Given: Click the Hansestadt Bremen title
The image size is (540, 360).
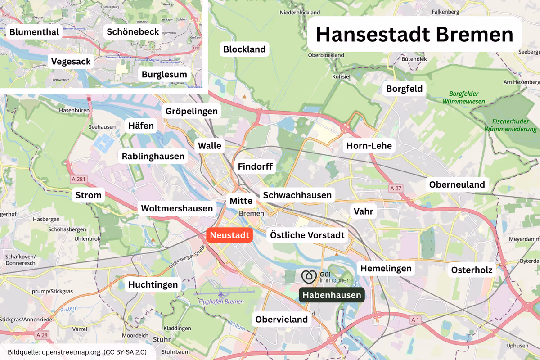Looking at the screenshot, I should (x=414, y=35).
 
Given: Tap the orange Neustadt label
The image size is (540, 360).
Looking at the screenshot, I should (x=229, y=235).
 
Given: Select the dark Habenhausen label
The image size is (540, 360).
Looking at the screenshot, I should (x=332, y=295).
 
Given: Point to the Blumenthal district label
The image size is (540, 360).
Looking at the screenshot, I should (x=34, y=32).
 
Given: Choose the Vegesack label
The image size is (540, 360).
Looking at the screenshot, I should (x=71, y=61).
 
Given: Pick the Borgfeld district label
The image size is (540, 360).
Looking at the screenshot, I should (x=405, y=89).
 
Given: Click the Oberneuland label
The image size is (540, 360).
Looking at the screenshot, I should (x=457, y=184).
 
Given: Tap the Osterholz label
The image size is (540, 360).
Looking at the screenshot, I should (x=472, y=270).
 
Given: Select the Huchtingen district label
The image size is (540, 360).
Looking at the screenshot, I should (x=153, y=284).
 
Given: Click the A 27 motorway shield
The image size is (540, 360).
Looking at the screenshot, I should (x=395, y=188).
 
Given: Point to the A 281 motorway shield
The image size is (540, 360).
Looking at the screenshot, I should (x=78, y=180).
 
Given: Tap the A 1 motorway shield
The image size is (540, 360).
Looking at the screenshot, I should (x=416, y=319).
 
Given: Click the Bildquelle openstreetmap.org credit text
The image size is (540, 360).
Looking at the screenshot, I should (x=77, y=351).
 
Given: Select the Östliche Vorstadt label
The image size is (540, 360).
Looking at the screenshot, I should (x=307, y=235).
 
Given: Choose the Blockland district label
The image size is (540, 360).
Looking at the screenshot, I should (x=244, y=49).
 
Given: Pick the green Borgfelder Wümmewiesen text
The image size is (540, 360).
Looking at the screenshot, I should (x=463, y=98).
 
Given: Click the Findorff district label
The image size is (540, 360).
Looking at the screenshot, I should (x=255, y=166).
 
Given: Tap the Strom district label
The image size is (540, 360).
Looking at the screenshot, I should (x=88, y=195).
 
